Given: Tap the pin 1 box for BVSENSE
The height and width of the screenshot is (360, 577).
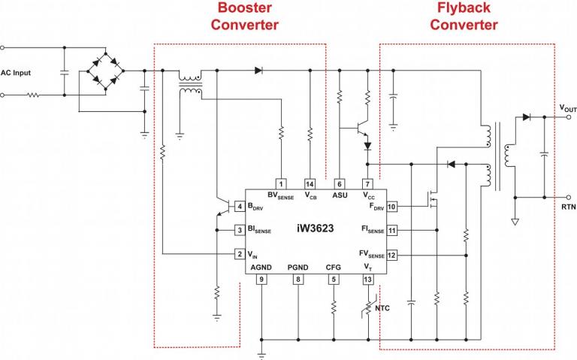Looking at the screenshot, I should [x=280, y=183].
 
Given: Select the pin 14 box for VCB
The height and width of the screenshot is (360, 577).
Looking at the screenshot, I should [x=310, y=183].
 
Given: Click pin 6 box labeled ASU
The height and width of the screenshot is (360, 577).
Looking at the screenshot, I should [x=340, y=183].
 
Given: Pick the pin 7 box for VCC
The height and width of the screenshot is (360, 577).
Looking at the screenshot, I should [x=367, y=183].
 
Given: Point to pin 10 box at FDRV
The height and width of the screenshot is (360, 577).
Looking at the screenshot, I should [x=391, y=206].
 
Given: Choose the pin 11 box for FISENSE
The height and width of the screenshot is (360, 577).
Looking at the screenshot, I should [x=391, y=230].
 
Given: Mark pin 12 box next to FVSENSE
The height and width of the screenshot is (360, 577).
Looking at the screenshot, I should [x=391, y=255].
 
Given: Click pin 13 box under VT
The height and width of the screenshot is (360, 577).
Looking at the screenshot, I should [x=367, y=280].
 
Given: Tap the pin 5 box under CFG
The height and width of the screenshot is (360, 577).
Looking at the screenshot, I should [x=334, y=280].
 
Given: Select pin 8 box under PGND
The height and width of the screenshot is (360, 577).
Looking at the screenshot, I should [x=298, y=280].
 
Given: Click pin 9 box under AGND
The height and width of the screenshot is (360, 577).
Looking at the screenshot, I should [x=261, y=280].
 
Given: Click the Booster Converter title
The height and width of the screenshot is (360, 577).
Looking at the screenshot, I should [x=244, y=17].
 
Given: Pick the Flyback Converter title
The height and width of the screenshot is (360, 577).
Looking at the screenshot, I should [x=464, y=17].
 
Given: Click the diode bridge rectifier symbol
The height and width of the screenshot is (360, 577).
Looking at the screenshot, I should [x=98, y=72].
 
